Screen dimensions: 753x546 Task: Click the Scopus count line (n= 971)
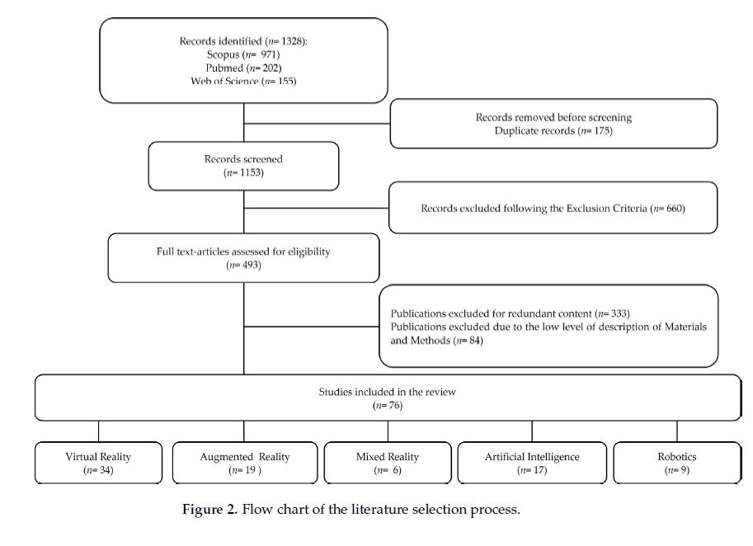coord(243,54)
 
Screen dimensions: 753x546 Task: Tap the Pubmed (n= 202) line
coord(243,68)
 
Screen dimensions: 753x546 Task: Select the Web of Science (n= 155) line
coord(243,81)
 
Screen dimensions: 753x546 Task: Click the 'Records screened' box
coord(243,166)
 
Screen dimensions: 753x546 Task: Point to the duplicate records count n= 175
coord(596,130)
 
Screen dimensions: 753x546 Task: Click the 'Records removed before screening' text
coord(553,117)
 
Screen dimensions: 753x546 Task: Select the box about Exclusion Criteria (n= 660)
coord(553,208)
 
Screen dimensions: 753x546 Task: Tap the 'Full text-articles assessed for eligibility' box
coord(243,258)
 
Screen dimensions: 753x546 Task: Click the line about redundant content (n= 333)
coord(510,313)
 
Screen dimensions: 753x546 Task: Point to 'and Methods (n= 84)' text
coord(436,341)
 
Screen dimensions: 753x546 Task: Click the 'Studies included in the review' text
coord(388,392)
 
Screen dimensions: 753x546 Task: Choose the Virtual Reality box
coord(98,463)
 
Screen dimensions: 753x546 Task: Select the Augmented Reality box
coord(245,463)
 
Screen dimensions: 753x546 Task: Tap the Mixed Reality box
coord(388,463)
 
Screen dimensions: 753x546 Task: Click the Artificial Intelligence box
coord(532,463)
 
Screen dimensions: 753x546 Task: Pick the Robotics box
coord(677,463)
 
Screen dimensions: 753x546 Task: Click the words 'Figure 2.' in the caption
coord(209,509)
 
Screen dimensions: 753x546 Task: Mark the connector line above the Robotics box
coord(677,431)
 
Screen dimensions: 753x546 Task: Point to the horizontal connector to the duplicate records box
coord(317,124)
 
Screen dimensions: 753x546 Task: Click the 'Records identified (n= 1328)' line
coord(243,40)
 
